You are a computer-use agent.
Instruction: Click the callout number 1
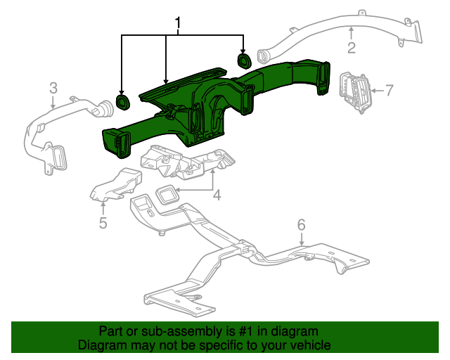(178, 26)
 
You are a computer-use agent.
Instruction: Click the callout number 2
(351, 48)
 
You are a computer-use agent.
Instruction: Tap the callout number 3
(53, 88)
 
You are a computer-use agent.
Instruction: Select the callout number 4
(217, 195)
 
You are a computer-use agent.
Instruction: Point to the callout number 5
(103, 223)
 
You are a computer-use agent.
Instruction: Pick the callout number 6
(301, 225)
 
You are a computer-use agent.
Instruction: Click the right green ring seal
(244, 60)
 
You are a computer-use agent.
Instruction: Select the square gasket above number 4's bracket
(167, 193)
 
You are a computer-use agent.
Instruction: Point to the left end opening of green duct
(113, 140)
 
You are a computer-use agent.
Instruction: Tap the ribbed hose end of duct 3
(103, 110)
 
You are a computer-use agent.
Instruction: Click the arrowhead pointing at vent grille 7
(373, 90)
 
